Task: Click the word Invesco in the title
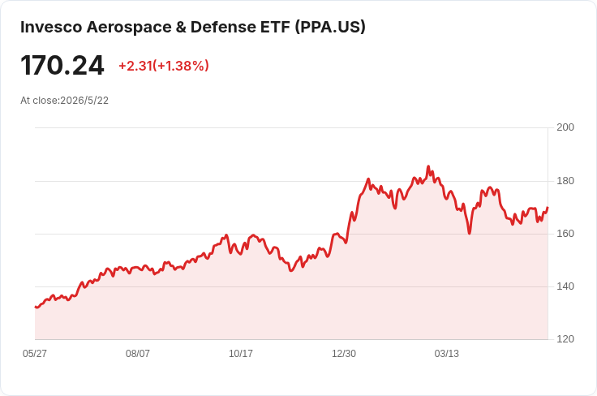coord(51,27)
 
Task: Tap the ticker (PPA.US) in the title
coord(330,27)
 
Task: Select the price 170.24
coord(62,66)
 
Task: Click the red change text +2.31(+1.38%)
coord(164,66)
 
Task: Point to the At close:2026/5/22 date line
coord(64,101)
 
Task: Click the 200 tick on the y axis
coord(565,127)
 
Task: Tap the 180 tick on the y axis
coord(565,181)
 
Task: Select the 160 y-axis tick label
coord(565,234)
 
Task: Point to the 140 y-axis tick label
coord(565,286)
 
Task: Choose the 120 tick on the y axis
coord(565,339)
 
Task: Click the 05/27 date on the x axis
coord(35,354)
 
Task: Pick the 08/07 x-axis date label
coord(138,354)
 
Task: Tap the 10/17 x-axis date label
coord(241,354)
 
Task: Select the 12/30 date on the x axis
coord(344,354)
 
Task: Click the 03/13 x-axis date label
coord(447,354)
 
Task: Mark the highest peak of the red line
coord(428,166)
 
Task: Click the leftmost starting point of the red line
coord(36,307)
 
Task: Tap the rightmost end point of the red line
coord(548,208)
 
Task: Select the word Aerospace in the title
coord(129,27)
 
